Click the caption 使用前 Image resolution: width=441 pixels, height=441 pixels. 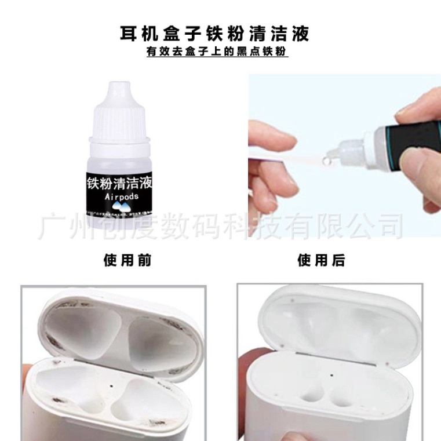point(127,260)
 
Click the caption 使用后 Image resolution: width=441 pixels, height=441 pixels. point(321,260)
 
